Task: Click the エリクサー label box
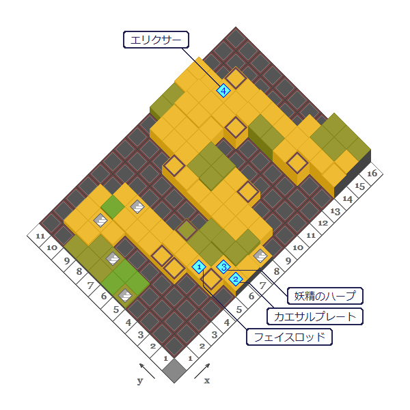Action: click(156, 40)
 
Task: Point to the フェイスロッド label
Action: click(290, 337)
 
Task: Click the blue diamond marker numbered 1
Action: click(199, 266)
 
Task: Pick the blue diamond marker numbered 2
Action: click(236, 278)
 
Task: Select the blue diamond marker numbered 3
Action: click(223, 266)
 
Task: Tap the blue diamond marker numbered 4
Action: click(223, 90)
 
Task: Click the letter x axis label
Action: click(206, 381)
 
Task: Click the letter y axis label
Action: click(140, 381)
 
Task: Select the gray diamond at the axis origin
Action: click(174, 370)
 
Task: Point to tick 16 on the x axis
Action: click(372, 174)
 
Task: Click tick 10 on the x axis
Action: click(298, 247)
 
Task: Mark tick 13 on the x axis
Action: click(335, 210)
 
